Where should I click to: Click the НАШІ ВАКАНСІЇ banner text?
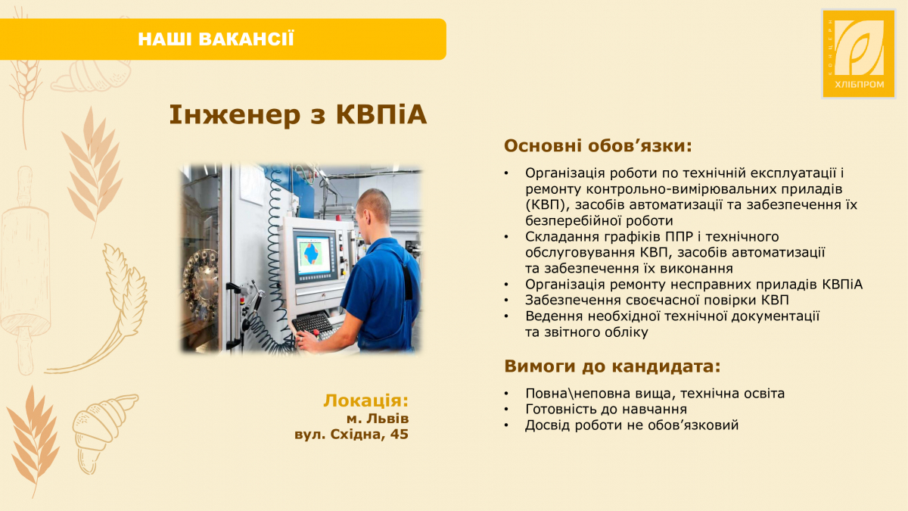tap(216, 39)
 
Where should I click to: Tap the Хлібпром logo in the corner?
tap(853, 53)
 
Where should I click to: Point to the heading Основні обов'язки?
tap(598, 145)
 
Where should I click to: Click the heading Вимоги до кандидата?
tap(612, 367)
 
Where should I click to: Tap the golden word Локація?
tap(365, 400)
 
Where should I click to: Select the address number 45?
tap(400, 435)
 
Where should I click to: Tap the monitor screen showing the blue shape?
tap(317, 254)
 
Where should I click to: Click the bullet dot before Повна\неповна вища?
tap(507, 394)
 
